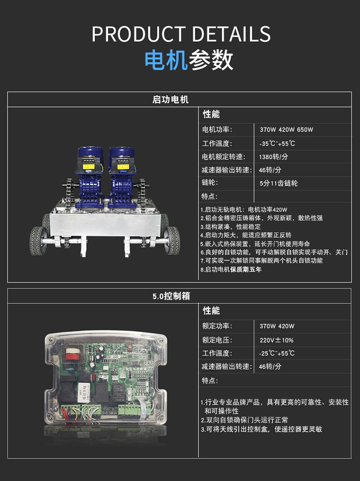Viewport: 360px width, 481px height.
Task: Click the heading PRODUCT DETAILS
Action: click(181, 34)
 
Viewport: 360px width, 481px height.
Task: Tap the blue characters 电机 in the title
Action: click(166, 60)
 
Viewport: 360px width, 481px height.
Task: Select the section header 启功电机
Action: click(170, 100)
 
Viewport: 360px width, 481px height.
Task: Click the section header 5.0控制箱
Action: click(171, 296)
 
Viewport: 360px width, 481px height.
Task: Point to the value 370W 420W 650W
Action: click(287, 130)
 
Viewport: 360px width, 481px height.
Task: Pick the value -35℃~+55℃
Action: click(277, 143)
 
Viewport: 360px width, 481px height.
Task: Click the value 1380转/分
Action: click(274, 157)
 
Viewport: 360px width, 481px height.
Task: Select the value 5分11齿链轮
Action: click(278, 183)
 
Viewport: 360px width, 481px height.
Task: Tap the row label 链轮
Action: click(210, 182)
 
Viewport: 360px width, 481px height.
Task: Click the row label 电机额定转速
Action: click(224, 157)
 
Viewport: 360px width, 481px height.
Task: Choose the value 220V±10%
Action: click(276, 340)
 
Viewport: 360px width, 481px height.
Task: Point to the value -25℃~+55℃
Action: click(276, 353)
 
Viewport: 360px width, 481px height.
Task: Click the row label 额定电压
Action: click(217, 340)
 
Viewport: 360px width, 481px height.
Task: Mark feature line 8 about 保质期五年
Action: click(231, 270)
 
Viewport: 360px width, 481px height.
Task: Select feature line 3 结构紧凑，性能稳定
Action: click(230, 227)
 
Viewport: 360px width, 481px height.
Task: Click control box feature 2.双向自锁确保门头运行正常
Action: click(244, 420)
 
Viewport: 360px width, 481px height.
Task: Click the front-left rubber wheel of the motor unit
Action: click(37, 241)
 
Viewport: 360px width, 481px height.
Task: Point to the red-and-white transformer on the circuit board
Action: click(73, 352)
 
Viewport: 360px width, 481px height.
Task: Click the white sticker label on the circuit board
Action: click(84, 392)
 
